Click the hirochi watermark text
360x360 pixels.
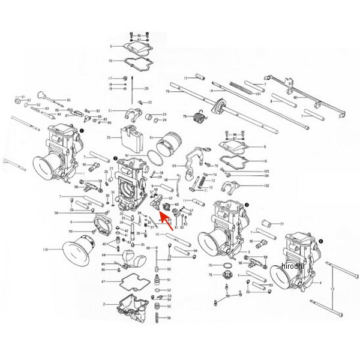tap(292, 266)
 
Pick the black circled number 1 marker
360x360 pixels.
tap(82, 128)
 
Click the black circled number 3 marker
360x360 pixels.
tap(246, 205)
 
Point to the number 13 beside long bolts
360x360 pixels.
tap(332, 290)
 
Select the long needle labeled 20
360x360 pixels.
tap(130, 90)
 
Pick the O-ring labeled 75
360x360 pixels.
tap(229, 265)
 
